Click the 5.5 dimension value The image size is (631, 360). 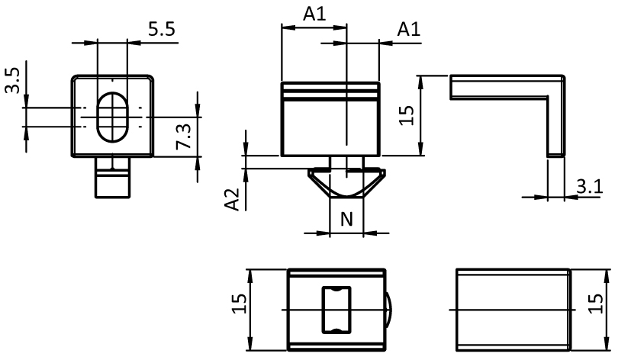(162, 30)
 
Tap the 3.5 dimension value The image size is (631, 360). (13, 79)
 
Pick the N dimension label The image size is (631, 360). (346, 220)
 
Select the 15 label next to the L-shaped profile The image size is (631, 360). (407, 115)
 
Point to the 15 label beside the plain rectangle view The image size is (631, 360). (597, 303)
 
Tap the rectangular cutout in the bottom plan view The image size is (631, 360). (336, 309)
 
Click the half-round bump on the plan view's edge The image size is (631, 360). (388, 309)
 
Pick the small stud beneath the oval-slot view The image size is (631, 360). (113, 179)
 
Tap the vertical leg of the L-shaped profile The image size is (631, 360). (557, 122)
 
